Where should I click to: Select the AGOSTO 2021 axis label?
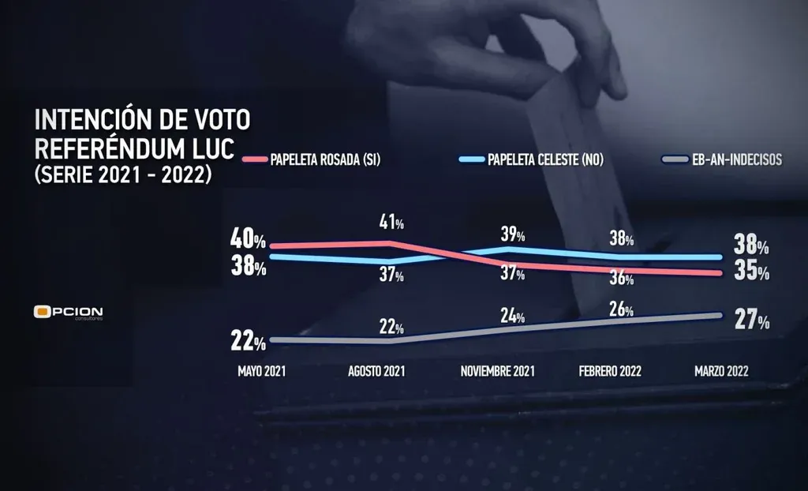point(376,371)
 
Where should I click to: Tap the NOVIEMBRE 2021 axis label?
point(496,371)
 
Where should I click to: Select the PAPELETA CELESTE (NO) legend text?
point(545,159)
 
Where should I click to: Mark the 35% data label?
point(751,272)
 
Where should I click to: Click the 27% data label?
point(751,321)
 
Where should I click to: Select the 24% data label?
point(512,317)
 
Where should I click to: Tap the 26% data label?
point(620,306)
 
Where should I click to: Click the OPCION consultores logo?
point(69,313)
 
